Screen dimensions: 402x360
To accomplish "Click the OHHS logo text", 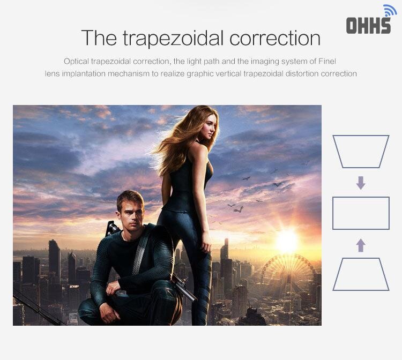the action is [x=368, y=25].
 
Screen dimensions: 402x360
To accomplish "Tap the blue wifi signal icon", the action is [x=390, y=10].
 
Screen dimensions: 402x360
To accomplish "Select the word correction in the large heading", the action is [x=275, y=39].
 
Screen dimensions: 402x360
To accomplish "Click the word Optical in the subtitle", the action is [x=76, y=62].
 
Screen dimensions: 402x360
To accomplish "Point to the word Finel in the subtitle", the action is [x=327, y=61].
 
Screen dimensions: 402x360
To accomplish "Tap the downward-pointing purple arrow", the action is [x=361, y=183].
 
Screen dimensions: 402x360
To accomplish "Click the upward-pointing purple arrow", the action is [x=361, y=245].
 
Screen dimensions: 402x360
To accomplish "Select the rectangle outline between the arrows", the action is [x=333, y=213].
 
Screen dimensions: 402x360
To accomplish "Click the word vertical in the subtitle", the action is [x=228, y=74].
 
